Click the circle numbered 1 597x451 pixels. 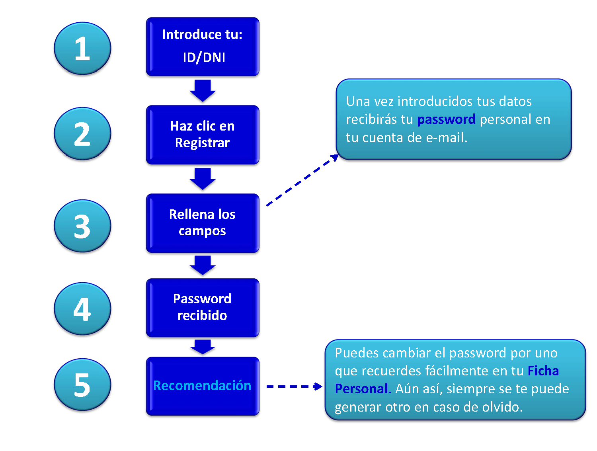(x=82, y=48)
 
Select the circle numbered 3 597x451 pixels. (x=82, y=225)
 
